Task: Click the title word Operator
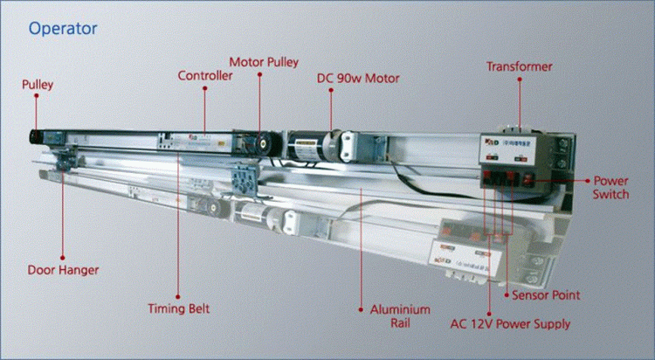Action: tap(62, 29)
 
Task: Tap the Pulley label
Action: tap(38, 85)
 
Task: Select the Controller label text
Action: tap(205, 76)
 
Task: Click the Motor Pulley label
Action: tap(264, 62)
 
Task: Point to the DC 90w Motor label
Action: tap(358, 79)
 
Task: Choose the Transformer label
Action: tap(519, 66)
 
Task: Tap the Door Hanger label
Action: tap(62, 270)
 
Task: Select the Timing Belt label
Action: tap(178, 308)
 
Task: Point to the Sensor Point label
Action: tap(545, 295)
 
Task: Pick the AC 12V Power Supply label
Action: tap(509, 324)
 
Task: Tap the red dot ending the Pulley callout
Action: tap(37, 98)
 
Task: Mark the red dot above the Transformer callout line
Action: tap(519, 80)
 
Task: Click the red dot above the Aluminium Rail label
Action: tap(361, 308)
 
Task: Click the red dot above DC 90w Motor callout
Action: tap(333, 91)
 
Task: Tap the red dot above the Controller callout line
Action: tap(205, 88)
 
